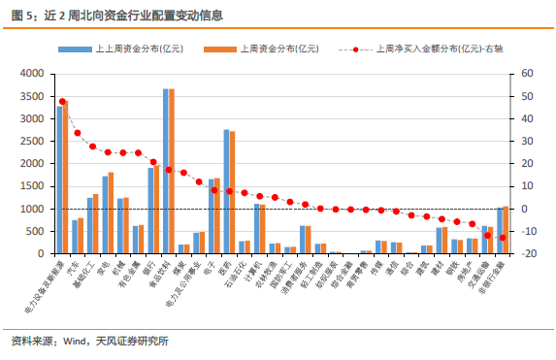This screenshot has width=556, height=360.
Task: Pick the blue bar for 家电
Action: pyautogui.click(x=105, y=214)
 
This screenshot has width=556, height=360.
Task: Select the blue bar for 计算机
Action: pyautogui.click(x=256, y=229)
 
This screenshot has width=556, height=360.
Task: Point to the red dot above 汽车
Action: pyautogui.click(x=78, y=133)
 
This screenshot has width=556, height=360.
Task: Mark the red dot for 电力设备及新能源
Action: pyautogui.click(x=62, y=101)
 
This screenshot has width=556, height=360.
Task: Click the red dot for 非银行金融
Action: pyautogui.click(x=502, y=238)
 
